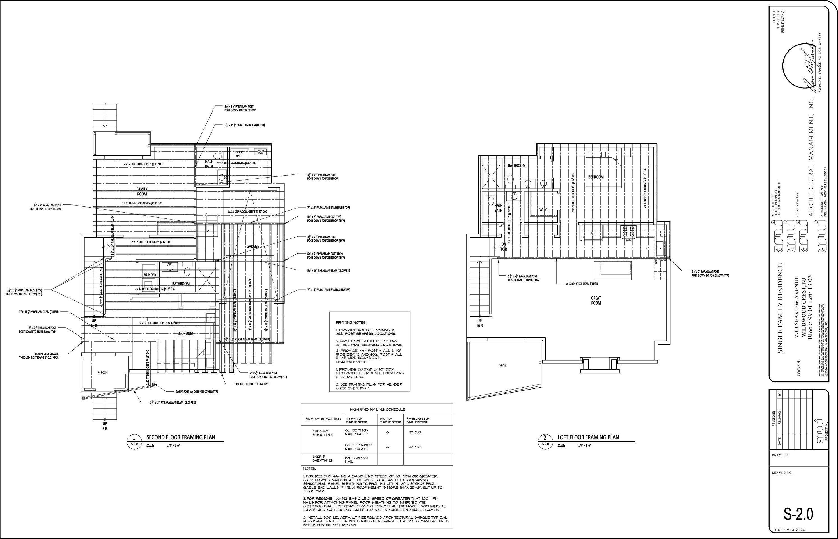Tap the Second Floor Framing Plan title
pos(180,437)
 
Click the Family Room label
pos(142,192)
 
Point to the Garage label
pos(253,247)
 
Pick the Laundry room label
pos(150,275)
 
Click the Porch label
pos(103,372)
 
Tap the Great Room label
pos(596,300)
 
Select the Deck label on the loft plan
pos(502,366)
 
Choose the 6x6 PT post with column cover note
pos(197,392)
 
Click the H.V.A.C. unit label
pos(239,154)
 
